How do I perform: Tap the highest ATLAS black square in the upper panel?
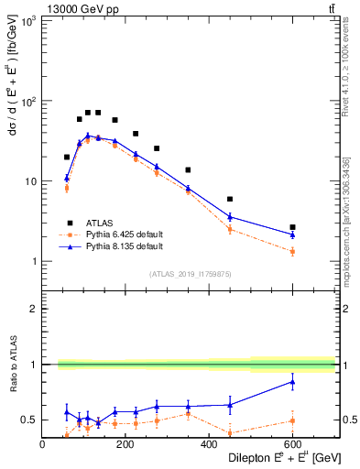coord(88,113)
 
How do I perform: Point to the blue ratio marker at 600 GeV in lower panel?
coord(292,381)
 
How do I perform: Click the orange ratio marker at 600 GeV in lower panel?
coord(292,420)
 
